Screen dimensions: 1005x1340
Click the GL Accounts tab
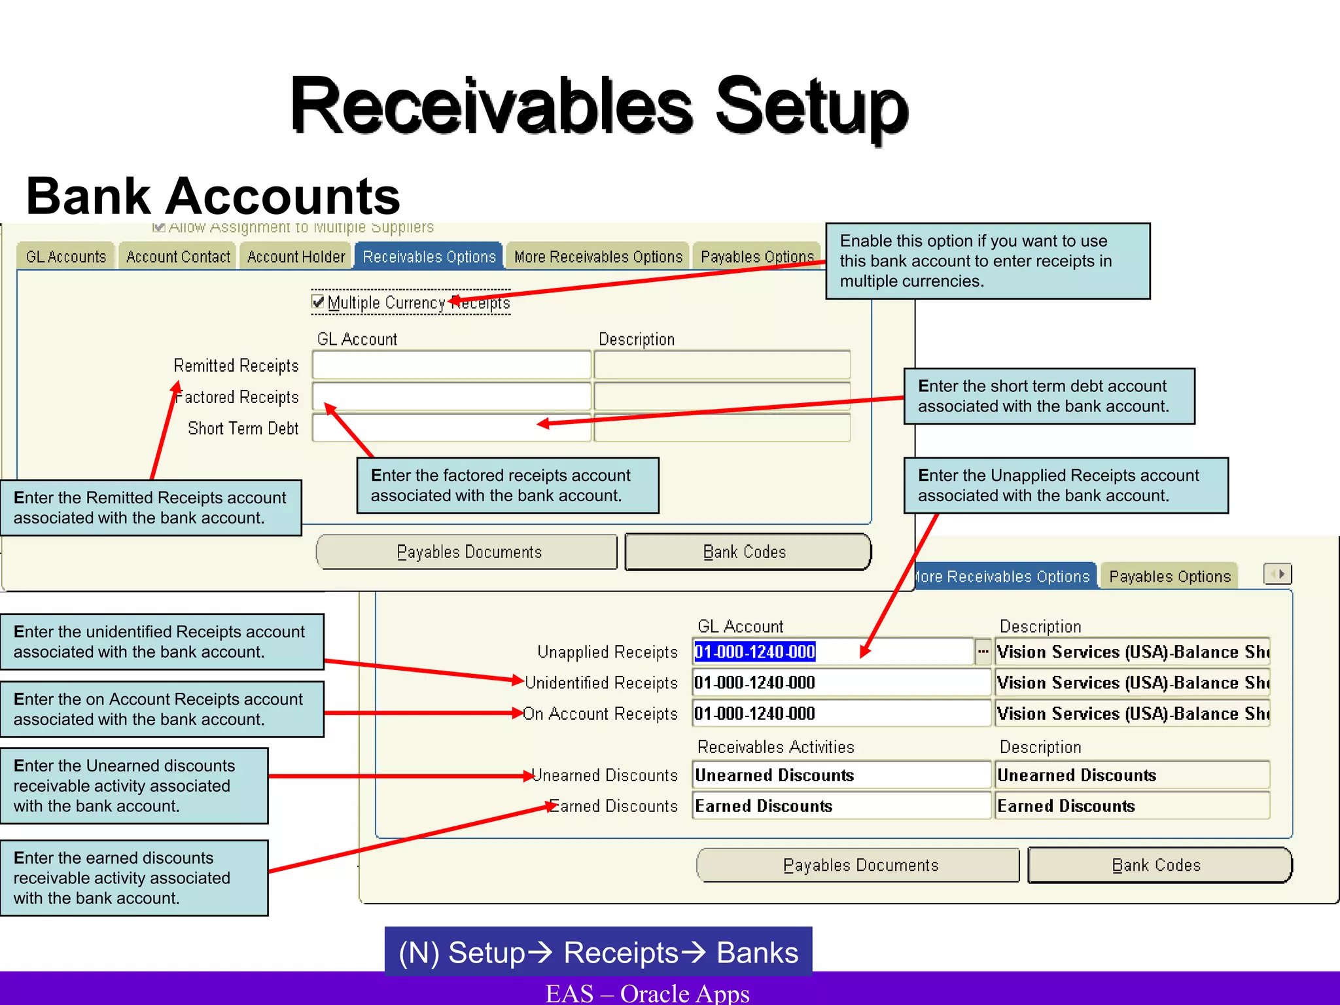pos(66,256)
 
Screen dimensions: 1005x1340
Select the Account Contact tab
pos(178,256)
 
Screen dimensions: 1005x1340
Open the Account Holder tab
pos(296,256)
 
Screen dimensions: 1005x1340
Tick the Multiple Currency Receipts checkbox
pos(319,302)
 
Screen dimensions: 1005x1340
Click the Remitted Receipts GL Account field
pos(451,365)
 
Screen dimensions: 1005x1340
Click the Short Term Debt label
pos(243,429)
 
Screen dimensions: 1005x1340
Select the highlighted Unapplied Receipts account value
pos(755,652)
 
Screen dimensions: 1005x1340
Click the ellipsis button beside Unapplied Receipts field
pos(983,652)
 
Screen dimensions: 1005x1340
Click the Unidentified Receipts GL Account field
pos(841,682)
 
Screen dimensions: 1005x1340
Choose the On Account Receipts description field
pos(1132,713)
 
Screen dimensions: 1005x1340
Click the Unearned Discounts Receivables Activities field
pos(841,775)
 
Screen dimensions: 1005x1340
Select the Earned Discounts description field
pos(1132,806)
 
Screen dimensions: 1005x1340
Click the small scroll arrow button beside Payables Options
pos(1277,574)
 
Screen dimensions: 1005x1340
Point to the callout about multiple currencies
pos(987,261)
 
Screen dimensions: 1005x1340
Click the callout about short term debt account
pos(1049,396)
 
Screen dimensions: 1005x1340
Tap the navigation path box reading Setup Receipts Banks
pos(598,952)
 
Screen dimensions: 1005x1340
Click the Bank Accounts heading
pos(213,196)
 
